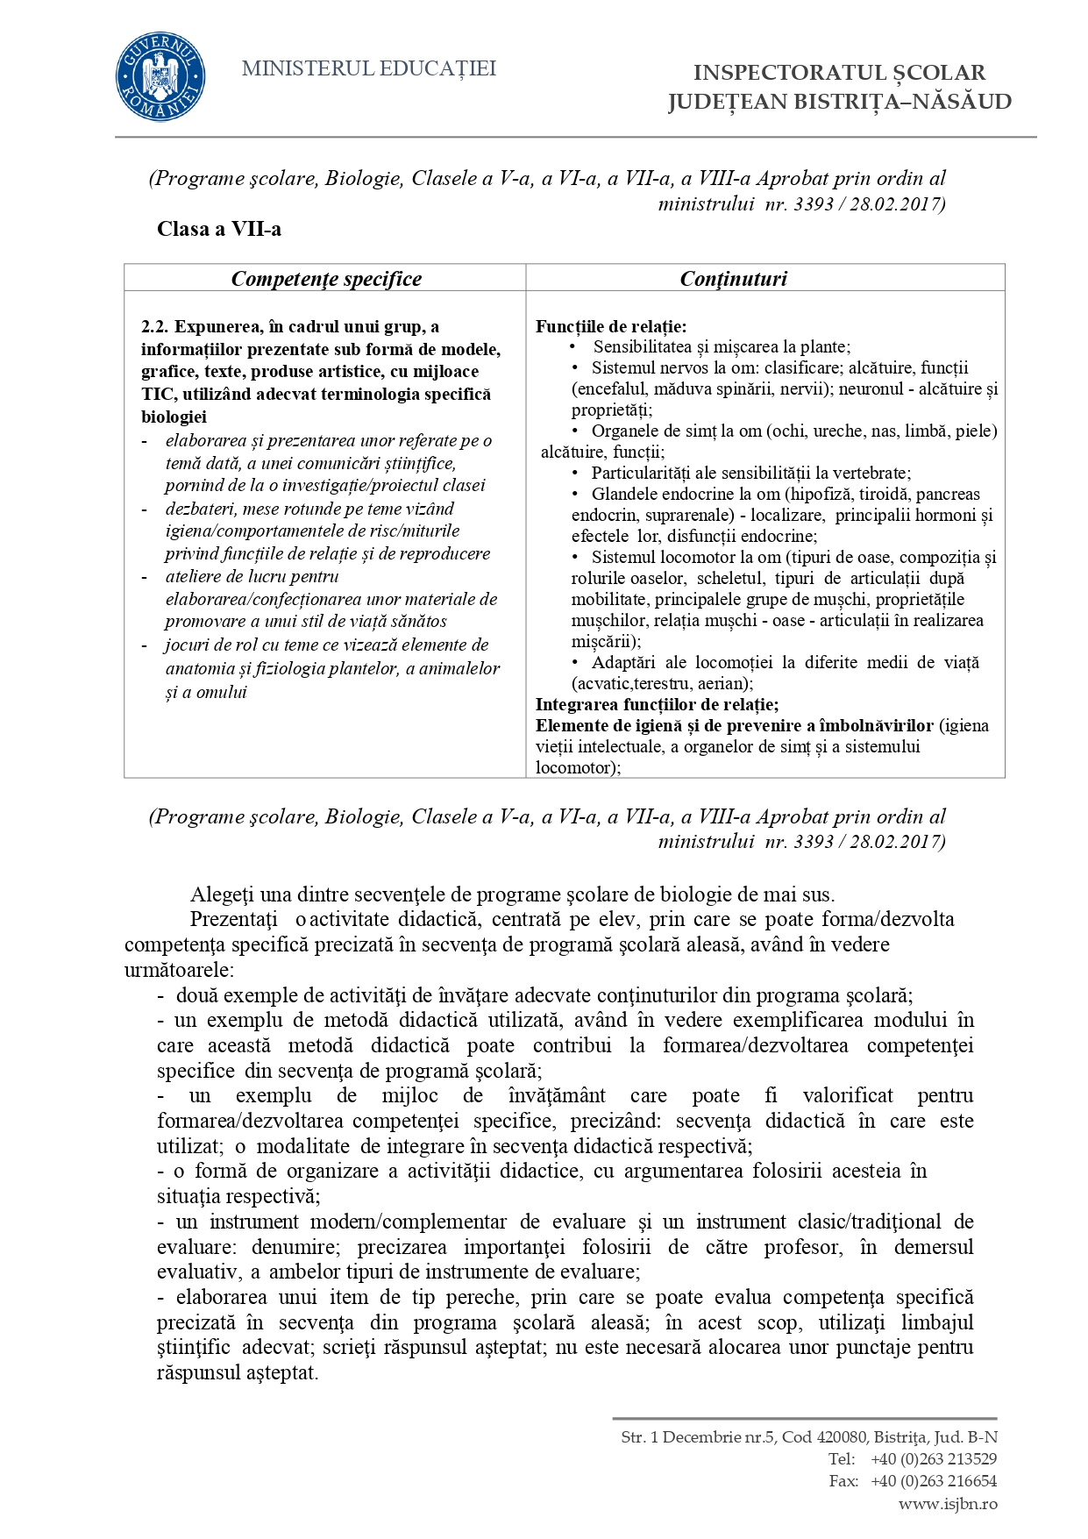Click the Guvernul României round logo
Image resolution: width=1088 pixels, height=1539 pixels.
(160, 77)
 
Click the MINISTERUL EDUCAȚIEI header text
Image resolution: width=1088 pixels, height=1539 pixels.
(368, 68)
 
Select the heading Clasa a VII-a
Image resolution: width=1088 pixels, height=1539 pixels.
(219, 230)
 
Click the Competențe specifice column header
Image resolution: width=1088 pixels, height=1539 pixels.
(326, 279)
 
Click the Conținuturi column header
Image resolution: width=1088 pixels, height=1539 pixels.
(734, 279)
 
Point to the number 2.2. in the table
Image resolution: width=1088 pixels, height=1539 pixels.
(155, 327)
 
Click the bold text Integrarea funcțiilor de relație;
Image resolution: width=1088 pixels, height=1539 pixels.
(657, 704)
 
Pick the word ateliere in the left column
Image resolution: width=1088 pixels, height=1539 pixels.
(195, 576)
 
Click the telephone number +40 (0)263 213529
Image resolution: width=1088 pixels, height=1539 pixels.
(934, 1459)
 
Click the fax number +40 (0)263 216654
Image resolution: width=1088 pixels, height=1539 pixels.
(934, 1481)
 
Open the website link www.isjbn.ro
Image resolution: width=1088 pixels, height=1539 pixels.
(948, 1503)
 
